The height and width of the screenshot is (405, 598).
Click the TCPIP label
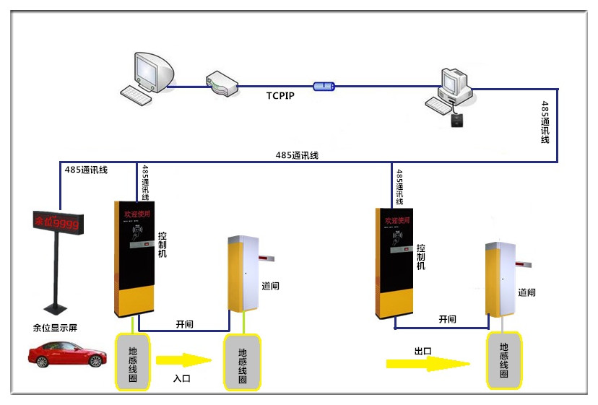click(x=280, y=95)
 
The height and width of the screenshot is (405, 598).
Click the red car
click(x=67, y=354)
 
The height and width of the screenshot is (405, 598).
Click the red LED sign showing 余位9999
click(x=58, y=221)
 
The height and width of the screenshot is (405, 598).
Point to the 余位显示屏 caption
click(x=55, y=328)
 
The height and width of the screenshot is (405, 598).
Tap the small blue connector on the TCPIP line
click(x=324, y=86)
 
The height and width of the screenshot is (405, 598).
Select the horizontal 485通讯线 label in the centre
click(x=297, y=155)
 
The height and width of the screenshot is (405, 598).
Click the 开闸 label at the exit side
click(x=448, y=319)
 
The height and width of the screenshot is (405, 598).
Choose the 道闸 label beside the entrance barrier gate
click(x=270, y=286)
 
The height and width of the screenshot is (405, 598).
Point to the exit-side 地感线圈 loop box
click(x=503, y=360)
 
